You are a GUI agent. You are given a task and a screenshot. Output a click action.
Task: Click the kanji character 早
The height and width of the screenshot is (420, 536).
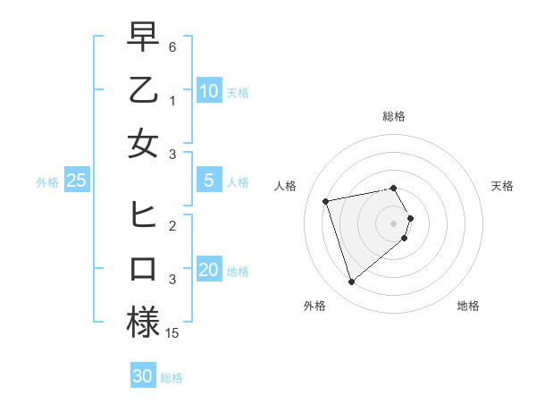pos(143,38)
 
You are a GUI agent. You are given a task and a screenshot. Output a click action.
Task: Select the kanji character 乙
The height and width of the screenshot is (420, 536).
pos(143,90)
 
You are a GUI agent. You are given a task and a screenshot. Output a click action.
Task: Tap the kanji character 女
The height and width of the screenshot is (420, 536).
pos(143,143)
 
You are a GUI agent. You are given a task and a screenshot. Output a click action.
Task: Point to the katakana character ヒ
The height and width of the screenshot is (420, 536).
pos(143,215)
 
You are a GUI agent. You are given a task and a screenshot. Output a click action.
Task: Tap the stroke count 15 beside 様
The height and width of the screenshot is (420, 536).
pos(172,333)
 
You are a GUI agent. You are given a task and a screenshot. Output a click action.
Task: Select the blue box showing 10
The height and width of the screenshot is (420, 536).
pos(208,91)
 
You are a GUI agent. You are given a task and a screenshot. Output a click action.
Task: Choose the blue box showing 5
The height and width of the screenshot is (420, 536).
pos(208,181)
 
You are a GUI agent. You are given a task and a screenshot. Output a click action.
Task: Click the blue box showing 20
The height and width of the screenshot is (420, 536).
pos(208,271)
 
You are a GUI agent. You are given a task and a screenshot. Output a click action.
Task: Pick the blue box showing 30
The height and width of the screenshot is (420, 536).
pos(143,376)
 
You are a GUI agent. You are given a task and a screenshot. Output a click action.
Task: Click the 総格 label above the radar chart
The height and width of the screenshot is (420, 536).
pos(394,116)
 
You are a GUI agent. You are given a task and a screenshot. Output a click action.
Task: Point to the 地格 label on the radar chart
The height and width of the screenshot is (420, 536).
pos(468,306)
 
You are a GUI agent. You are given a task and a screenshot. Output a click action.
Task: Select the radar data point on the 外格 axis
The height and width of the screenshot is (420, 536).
pos(352,282)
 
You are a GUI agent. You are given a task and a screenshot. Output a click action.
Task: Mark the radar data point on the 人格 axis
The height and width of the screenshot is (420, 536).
pos(326,200)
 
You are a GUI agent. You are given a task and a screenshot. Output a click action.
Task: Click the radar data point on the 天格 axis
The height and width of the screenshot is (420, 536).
pos(410,218)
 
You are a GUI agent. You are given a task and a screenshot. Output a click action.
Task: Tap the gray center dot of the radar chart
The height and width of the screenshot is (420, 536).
pos(394,223)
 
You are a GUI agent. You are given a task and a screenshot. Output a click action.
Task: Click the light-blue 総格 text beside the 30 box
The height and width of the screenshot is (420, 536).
pos(172,377)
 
